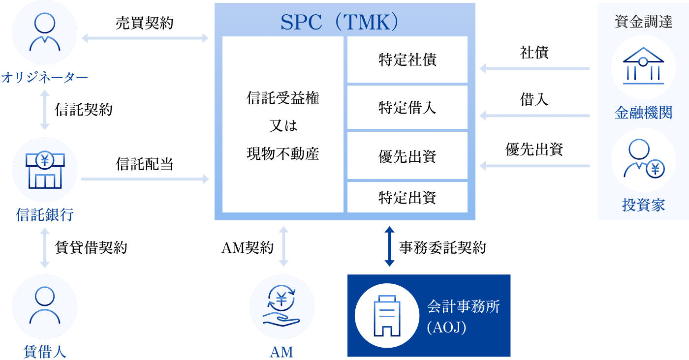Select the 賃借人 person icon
(45, 305)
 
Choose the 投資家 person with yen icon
(643, 160)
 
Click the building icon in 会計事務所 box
(386, 315)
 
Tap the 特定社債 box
(407, 60)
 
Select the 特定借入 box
(407, 107)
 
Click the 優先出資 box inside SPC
(407, 156)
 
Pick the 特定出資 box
(407, 197)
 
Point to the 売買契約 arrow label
(144, 23)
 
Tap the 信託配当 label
(144, 164)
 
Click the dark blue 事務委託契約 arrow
(389, 246)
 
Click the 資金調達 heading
(643, 22)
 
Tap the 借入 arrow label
(534, 100)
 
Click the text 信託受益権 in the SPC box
(282, 98)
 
